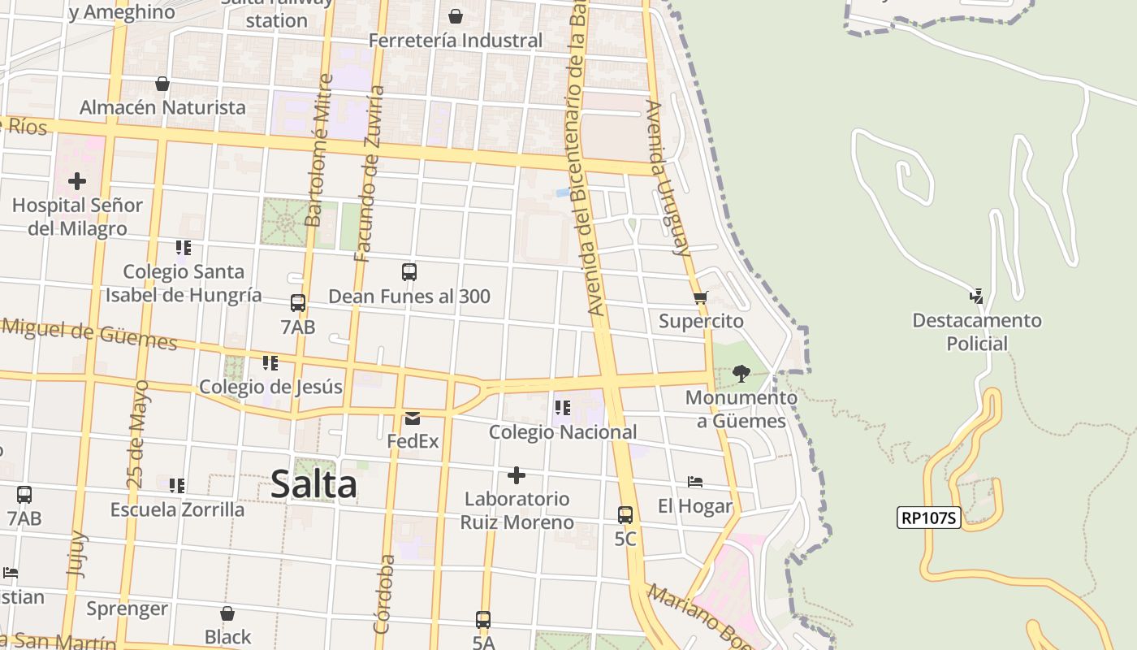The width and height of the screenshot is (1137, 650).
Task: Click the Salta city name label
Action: (313, 484)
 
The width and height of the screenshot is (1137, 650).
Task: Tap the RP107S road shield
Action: (929, 518)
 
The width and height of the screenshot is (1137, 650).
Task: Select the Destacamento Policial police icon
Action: (976, 297)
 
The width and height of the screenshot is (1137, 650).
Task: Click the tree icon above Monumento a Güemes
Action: (741, 374)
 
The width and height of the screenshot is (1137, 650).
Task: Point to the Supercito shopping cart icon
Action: (701, 297)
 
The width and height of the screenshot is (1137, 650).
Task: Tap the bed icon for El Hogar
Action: (694, 482)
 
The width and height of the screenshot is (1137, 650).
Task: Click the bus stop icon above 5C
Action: (625, 514)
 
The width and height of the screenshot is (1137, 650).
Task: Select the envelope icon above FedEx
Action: (413, 418)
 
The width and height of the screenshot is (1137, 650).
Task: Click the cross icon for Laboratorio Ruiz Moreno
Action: (517, 474)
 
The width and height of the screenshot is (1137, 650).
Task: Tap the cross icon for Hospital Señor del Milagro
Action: (77, 180)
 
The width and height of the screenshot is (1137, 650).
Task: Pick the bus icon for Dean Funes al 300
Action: (409, 272)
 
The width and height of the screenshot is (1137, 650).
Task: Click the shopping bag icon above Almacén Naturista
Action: (162, 84)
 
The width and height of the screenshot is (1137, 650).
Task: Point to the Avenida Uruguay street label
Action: (668, 177)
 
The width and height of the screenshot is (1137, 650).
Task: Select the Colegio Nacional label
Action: (563, 432)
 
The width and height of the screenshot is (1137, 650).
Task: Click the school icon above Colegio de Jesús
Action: (270, 362)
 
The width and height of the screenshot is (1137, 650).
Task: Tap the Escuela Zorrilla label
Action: (177, 509)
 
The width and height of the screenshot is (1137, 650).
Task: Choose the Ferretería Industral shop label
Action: (456, 40)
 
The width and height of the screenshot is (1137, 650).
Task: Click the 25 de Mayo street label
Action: (137, 434)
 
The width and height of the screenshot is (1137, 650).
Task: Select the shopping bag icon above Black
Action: (227, 613)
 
